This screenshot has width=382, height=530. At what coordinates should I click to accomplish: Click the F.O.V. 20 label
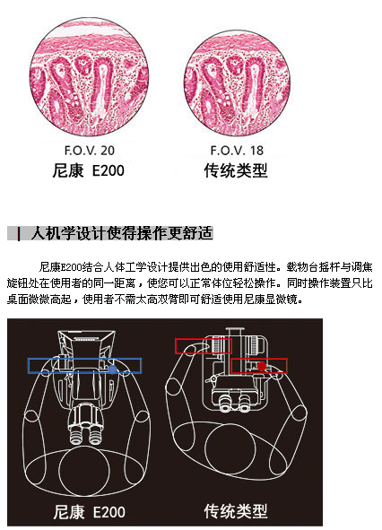(90, 151)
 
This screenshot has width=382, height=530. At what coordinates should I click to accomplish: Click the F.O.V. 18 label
(237, 151)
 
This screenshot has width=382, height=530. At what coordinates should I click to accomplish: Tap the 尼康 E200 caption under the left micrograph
(88, 170)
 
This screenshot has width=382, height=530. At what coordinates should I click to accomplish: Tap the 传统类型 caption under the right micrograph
(236, 170)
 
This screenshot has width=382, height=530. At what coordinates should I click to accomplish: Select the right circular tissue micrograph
(237, 83)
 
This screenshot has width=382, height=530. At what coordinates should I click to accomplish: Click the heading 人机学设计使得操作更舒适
(122, 233)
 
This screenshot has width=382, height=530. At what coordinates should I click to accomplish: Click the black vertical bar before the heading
(19, 233)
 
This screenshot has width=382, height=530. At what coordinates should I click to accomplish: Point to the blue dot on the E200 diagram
(113, 369)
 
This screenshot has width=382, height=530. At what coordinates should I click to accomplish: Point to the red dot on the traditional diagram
(262, 367)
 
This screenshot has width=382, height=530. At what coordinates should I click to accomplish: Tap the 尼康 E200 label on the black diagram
(89, 511)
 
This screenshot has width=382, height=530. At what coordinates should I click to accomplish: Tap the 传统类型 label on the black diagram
(236, 511)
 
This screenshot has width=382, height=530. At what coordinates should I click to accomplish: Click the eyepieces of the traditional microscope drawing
(234, 403)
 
